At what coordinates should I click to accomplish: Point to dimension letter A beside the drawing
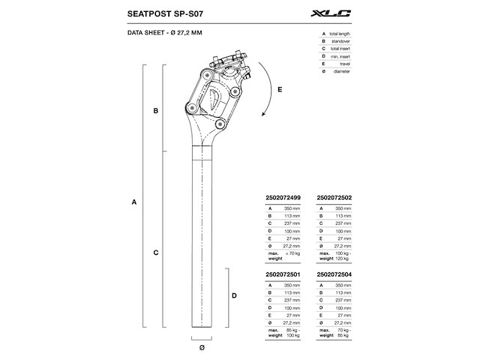click(x=133, y=202)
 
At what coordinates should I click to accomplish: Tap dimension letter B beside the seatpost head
click(x=155, y=111)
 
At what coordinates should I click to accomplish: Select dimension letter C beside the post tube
click(x=155, y=253)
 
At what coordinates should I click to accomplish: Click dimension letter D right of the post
click(x=234, y=296)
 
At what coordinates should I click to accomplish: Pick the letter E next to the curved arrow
click(x=279, y=89)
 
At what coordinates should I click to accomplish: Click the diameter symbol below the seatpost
click(x=202, y=347)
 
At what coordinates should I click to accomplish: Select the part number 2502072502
click(x=334, y=197)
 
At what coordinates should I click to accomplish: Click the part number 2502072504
click(x=334, y=275)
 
